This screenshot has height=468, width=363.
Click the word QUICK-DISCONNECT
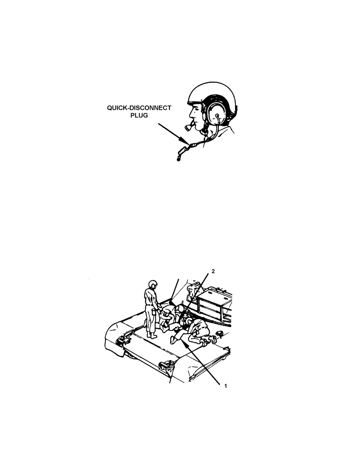click(x=139, y=108)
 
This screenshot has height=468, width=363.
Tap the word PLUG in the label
click(x=139, y=115)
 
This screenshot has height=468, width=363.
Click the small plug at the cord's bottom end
click(x=178, y=159)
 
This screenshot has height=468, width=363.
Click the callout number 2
click(x=213, y=271)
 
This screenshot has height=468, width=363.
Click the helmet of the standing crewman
click(x=153, y=285)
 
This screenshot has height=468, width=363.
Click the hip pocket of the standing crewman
click(x=154, y=313)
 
